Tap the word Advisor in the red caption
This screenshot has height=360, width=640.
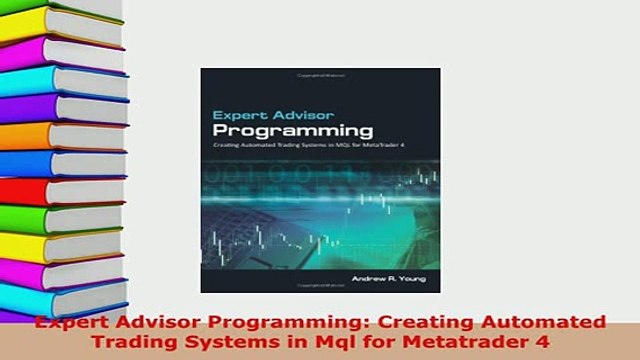click(x=136, y=322)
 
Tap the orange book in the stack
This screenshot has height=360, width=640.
click(x=50, y=135)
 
